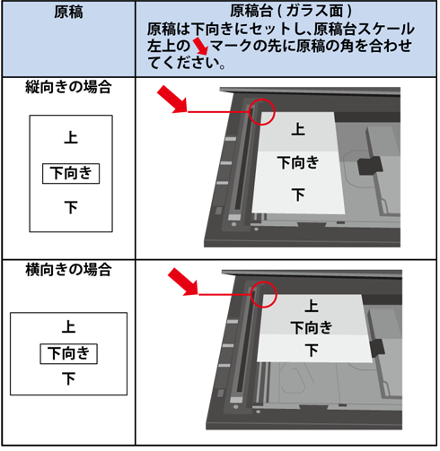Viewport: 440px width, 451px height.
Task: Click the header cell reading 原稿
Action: (68, 13)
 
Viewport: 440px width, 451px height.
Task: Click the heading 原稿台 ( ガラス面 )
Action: (291, 12)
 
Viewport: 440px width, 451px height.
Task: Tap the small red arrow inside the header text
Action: (200, 46)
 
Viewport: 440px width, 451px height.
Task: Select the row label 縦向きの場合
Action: (68, 87)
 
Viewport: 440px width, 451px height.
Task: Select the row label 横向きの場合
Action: (68, 270)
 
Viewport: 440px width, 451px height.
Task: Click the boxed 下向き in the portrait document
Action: (71, 173)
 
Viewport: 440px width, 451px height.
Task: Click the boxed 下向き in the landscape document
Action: (69, 353)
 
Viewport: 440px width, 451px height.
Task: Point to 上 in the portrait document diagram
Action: (71, 138)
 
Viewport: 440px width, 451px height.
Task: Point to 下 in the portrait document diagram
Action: (71, 207)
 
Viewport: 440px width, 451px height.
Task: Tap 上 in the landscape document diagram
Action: (68, 326)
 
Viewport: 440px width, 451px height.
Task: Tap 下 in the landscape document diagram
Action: (68, 378)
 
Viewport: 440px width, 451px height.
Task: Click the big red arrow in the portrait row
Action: (172, 100)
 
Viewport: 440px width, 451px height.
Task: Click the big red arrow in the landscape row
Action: (183, 282)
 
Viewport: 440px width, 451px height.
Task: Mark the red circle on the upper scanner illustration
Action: (262, 100)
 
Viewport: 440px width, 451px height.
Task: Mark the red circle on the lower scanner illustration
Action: (263, 282)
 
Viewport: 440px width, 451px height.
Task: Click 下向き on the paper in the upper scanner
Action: (298, 163)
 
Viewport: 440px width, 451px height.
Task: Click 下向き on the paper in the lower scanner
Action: (312, 328)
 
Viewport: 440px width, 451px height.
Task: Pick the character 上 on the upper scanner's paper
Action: (298, 129)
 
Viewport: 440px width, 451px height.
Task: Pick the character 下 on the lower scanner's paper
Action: (312, 350)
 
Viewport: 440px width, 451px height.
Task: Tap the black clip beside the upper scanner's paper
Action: (370, 166)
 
